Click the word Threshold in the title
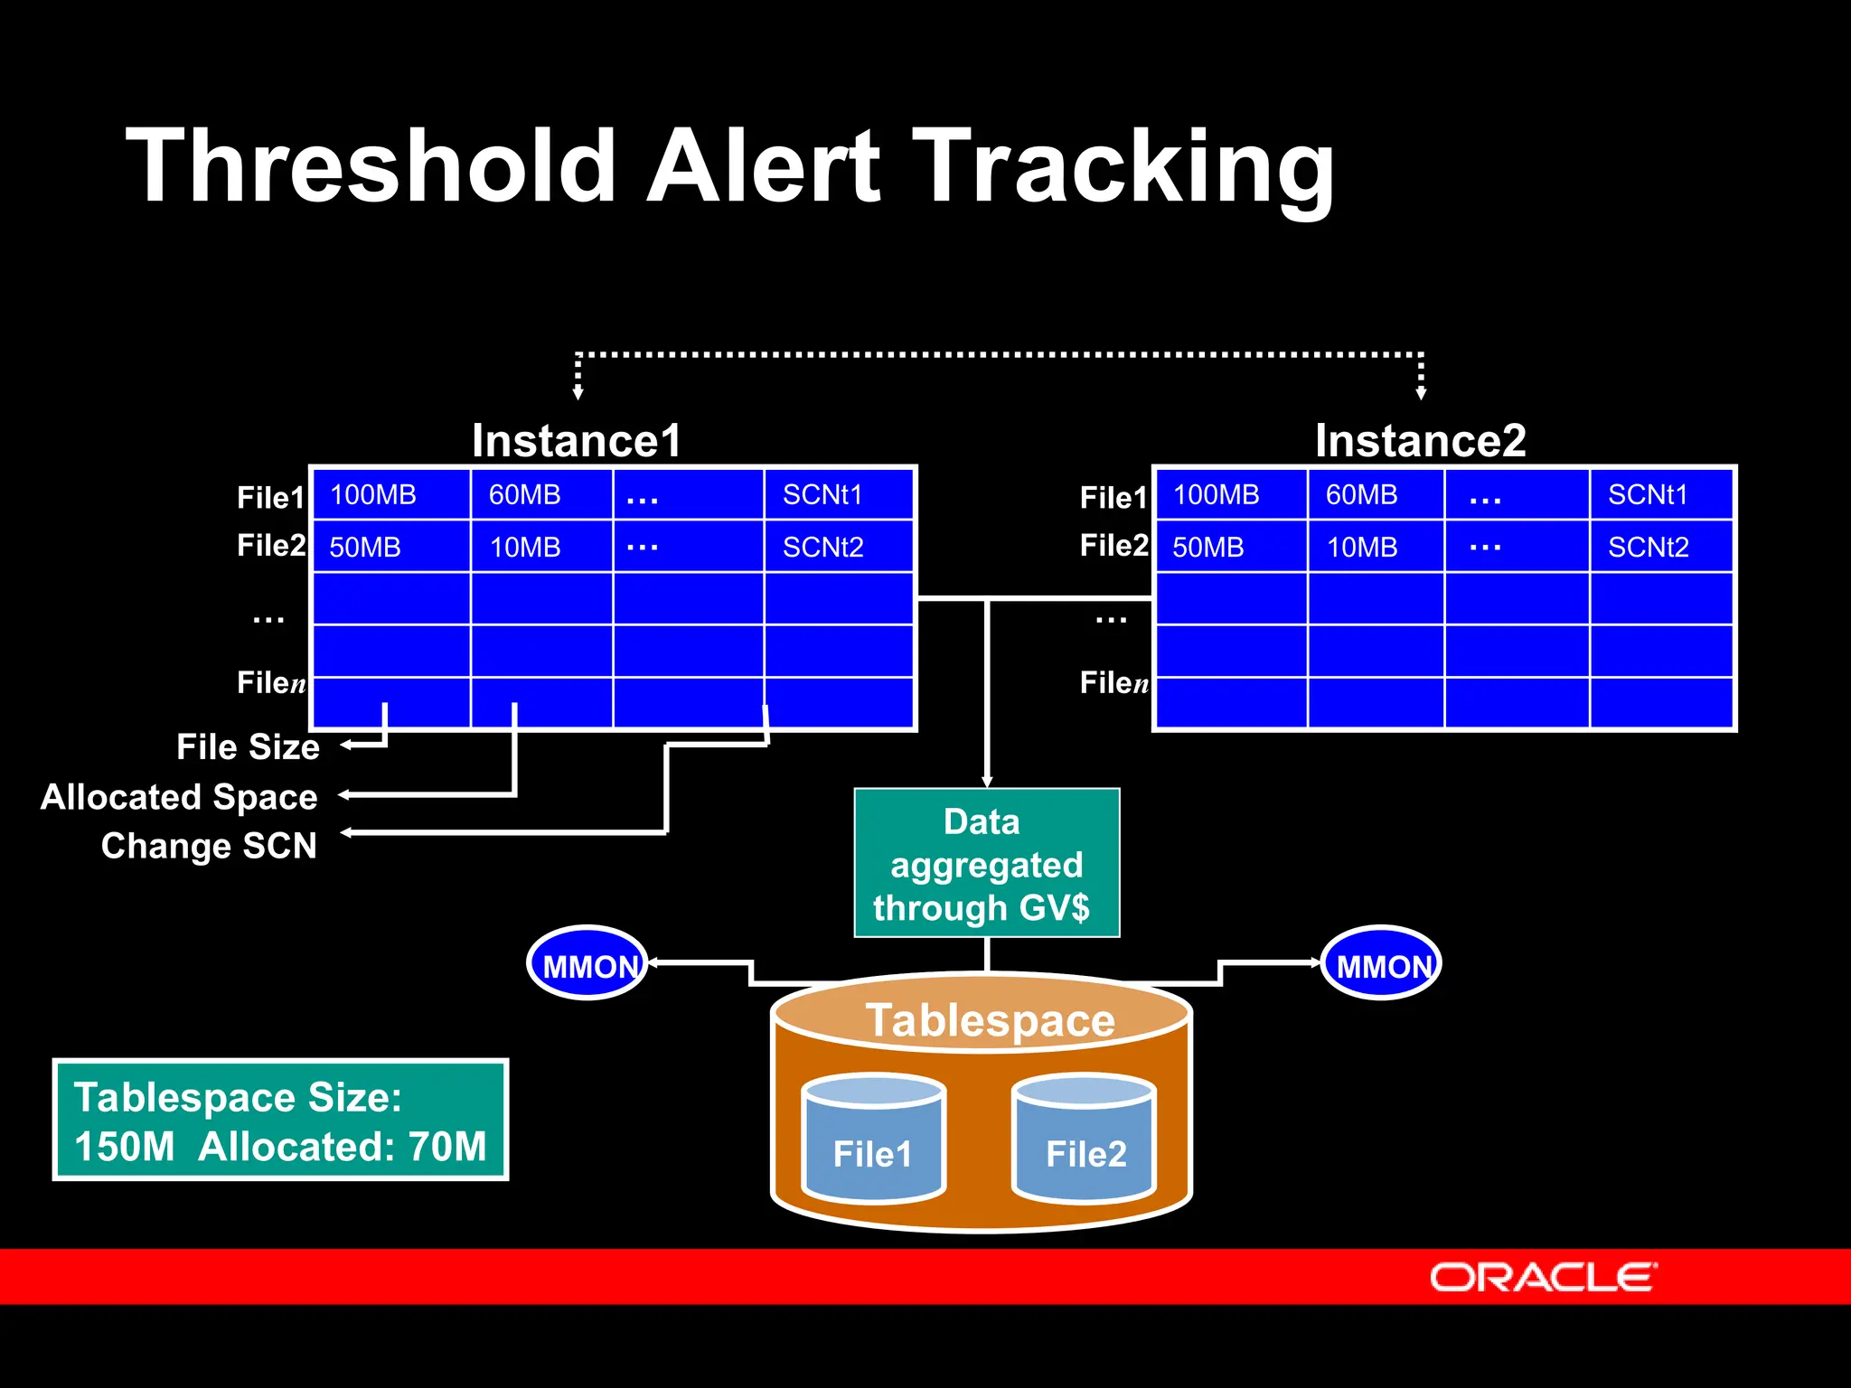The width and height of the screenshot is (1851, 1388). (371, 167)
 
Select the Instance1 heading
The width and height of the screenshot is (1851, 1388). (576, 441)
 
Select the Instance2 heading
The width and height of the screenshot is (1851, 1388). (1420, 441)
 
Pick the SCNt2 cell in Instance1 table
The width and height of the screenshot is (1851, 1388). (822, 548)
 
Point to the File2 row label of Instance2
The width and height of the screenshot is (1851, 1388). (1113, 546)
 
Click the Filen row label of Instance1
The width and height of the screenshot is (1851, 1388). (271, 683)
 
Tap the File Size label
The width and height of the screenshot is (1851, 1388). (248, 747)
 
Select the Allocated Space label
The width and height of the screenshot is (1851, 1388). (179, 797)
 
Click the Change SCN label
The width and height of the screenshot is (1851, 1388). (209, 846)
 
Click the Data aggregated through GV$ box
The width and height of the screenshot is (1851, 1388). (986, 864)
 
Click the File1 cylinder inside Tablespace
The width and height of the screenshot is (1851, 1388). (873, 1142)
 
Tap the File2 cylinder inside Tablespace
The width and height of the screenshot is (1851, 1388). (1085, 1142)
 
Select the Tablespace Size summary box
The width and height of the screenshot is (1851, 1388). (280, 1121)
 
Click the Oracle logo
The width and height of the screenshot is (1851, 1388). (1543, 1277)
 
